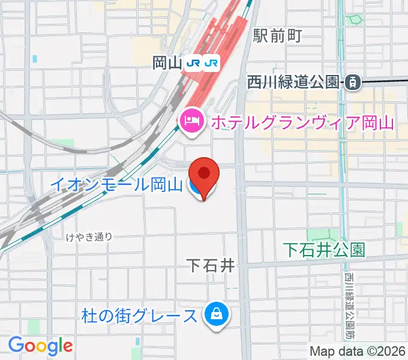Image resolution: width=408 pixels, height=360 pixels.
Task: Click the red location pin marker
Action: coord(205,175)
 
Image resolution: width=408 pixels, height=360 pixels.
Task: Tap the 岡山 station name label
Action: coord(167,62)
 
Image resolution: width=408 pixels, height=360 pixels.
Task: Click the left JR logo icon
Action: coord(194,62)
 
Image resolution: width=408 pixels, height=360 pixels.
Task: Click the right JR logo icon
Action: coord(212,62)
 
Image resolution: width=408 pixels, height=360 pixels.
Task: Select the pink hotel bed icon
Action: coord(191,122)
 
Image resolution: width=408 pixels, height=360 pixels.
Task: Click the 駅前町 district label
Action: coord(277,35)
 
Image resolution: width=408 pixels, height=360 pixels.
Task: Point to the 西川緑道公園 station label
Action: coord(293,82)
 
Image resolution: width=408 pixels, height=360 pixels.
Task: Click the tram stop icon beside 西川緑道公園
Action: coord(353,82)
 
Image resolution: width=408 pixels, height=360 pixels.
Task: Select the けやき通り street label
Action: coord(89,236)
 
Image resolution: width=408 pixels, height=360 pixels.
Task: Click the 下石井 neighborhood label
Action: coord(209,265)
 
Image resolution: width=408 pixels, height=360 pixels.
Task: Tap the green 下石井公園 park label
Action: coord(324,250)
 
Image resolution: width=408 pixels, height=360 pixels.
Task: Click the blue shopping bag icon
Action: coord(214,314)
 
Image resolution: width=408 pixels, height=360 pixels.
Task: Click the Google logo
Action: coord(40,346)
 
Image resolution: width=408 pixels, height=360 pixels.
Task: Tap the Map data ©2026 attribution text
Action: coord(358,351)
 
